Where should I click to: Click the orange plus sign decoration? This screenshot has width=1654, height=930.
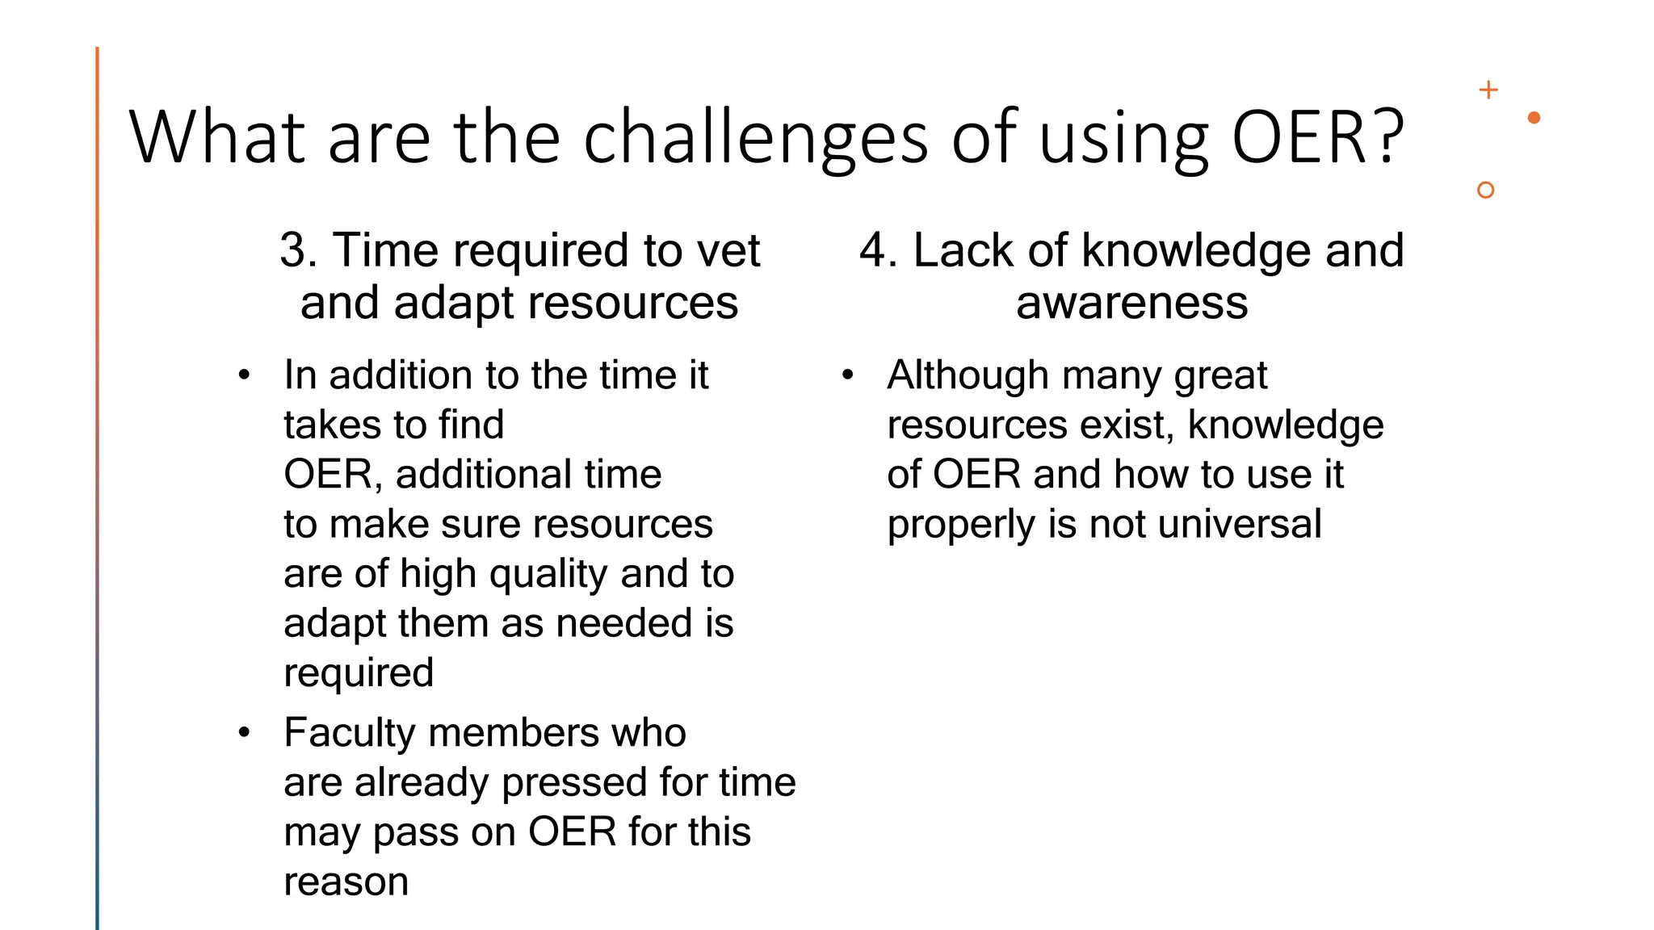(x=1488, y=90)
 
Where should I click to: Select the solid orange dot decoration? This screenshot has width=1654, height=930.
(x=1534, y=118)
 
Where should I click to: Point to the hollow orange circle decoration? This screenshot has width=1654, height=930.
(x=1484, y=190)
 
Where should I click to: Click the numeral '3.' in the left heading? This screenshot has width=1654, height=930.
(x=298, y=250)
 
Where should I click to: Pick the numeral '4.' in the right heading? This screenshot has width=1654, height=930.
(x=878, y=250)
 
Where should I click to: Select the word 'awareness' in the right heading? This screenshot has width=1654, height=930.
(x=1131, y=303)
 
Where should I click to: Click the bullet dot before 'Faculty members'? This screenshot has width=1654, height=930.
(x=244, y=733)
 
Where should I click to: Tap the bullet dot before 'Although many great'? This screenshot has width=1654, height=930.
(x=847, y=375)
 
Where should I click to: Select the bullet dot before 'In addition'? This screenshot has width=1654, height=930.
(x=244, y=375)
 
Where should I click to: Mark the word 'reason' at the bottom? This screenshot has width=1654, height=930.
(x=346, y=882)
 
